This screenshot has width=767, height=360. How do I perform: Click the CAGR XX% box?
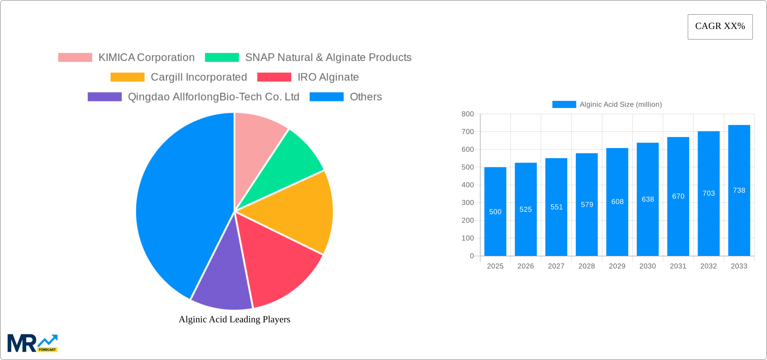point(720,27)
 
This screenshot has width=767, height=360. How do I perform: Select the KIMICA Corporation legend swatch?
point(75,58)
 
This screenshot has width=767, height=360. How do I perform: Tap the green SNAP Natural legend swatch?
point(222,58)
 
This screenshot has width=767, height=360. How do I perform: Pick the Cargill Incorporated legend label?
point(198,77)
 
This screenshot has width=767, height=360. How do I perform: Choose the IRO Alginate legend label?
point(328,77)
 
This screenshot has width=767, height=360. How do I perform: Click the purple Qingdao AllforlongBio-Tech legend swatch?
point(105,97)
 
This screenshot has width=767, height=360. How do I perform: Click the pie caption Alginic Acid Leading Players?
point(234,319)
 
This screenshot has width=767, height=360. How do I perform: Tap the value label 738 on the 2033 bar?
point(739,190)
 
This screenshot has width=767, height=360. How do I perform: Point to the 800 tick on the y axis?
point(468,114)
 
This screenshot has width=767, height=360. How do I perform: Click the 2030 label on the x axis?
point(648,266)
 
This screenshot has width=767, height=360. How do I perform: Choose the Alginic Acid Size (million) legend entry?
point(607,105)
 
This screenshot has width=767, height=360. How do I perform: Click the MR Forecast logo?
point(33,343)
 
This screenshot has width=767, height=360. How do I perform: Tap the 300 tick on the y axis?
point(468,203)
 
